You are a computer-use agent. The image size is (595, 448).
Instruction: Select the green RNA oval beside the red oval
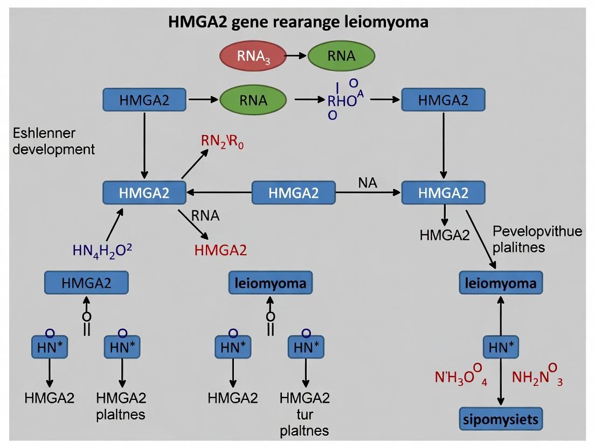click(341, 57)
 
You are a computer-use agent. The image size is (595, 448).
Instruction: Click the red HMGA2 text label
click(220, 250)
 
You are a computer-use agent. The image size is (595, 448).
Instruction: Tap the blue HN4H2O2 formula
click(102, 250)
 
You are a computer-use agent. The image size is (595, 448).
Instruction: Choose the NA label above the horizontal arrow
click(367, 183)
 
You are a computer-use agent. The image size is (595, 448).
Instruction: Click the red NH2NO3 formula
click(530, 377)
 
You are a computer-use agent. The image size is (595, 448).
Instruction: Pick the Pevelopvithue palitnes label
click(537, 239)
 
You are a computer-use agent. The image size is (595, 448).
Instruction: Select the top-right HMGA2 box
click(444, 100)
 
